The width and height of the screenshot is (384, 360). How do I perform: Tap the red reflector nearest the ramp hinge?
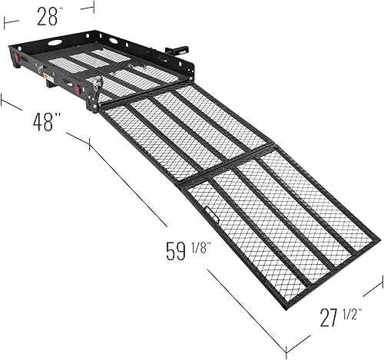[78, 90]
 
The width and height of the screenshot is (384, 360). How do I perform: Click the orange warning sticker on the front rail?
[47, 78]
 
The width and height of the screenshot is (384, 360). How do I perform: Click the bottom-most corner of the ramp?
[285, 307]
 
